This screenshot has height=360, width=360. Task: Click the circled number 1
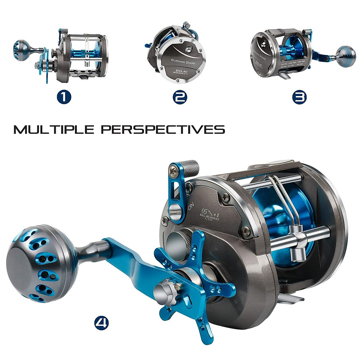(x=64, y=97)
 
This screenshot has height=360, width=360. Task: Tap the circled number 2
(x=180, y=97)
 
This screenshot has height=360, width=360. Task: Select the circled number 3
(x=299, y=97)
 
